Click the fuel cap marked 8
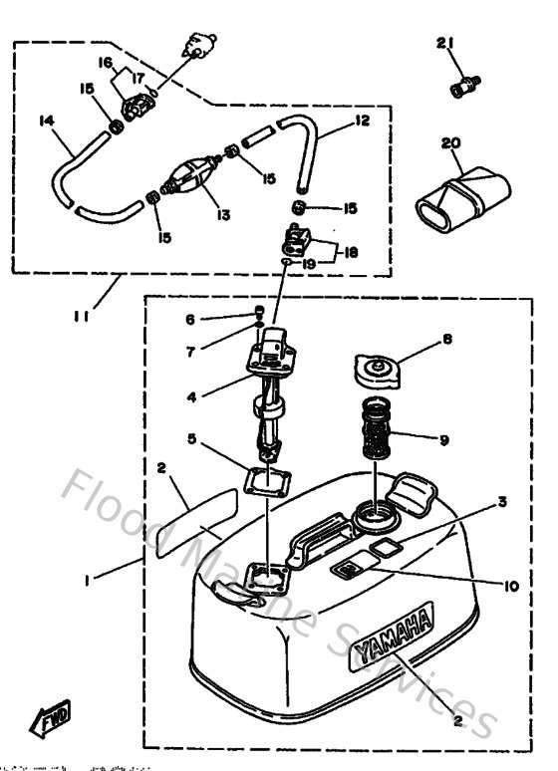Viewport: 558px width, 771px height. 378,373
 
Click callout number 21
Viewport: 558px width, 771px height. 444,41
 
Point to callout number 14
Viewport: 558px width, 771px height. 48,121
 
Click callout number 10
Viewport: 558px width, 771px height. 509,588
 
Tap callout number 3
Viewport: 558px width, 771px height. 503,502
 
